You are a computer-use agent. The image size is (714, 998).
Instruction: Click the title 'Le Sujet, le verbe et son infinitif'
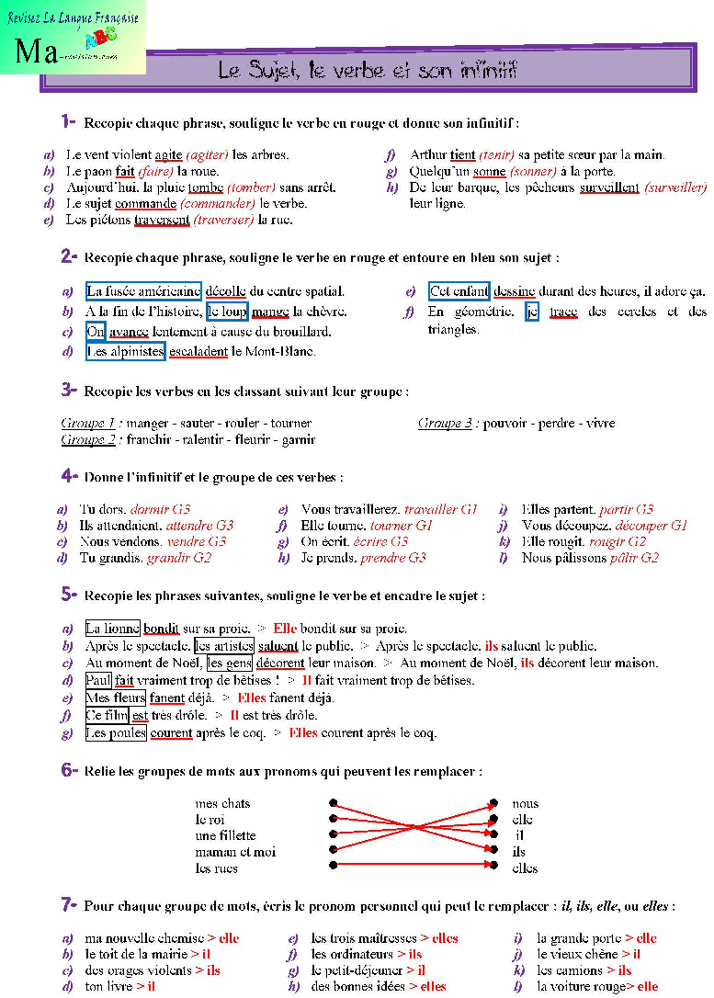point(368,70)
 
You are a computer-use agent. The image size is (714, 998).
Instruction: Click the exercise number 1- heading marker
point(68,121)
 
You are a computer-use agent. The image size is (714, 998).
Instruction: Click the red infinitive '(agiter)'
point(208,154)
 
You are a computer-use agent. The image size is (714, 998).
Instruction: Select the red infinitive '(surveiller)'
point(675,187)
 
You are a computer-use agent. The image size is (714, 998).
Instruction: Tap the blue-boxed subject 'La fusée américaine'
point(143,291)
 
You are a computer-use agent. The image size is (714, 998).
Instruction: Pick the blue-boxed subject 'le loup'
point(227,312)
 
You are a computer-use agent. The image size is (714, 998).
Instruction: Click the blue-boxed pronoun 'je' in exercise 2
point(532,312)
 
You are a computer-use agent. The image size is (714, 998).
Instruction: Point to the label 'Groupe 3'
point(445,423)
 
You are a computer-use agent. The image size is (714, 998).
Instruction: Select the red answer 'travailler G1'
point(441,508)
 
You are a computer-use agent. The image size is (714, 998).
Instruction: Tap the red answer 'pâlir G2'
point(635,557)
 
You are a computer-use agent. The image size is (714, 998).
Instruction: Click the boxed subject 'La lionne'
point(112,629)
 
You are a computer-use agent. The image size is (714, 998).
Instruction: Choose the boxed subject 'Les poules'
point(115,732)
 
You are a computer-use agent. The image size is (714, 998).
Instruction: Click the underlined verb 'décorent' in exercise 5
point(281,663)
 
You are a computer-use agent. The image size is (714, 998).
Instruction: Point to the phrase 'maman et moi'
point(235,852)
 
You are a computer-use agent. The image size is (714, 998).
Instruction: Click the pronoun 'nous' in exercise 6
point(526,803)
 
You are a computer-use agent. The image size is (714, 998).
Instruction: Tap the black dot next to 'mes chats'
point(334,803)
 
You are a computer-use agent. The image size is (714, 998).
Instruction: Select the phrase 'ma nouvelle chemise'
point(143,938)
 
